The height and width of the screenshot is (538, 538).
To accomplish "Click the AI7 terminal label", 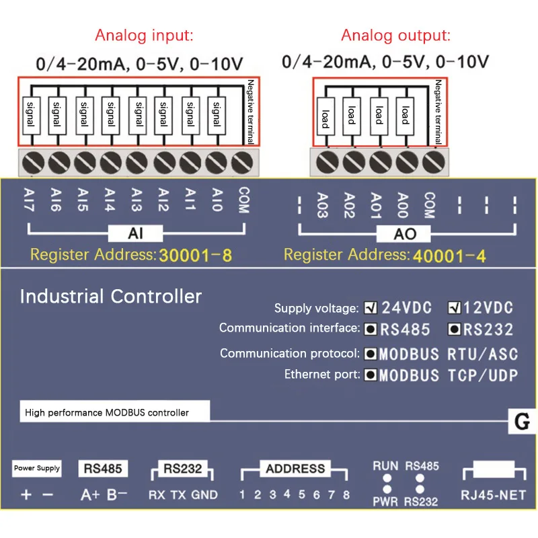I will point(30,200).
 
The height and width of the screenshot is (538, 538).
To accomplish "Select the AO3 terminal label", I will point(323,205).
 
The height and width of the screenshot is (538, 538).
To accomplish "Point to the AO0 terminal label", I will point(402,205).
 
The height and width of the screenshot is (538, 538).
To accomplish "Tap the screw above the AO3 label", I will point(327,161).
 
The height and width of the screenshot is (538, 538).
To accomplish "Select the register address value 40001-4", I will point(449,255).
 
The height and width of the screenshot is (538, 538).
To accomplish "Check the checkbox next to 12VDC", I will point(455,308).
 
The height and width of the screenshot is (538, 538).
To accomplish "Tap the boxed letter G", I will point(522,422).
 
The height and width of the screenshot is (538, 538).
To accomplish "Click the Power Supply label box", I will point(37,468).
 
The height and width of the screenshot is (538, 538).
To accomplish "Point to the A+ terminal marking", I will point(89,495).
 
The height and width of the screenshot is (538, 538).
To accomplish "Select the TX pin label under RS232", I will point(178,495).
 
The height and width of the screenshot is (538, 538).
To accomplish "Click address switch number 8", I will point(346,495).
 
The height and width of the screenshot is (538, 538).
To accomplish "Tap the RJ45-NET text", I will point(494,496).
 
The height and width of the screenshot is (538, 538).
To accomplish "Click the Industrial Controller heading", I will point(111,296).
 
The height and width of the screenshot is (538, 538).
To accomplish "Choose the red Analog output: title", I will point(395,36).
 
